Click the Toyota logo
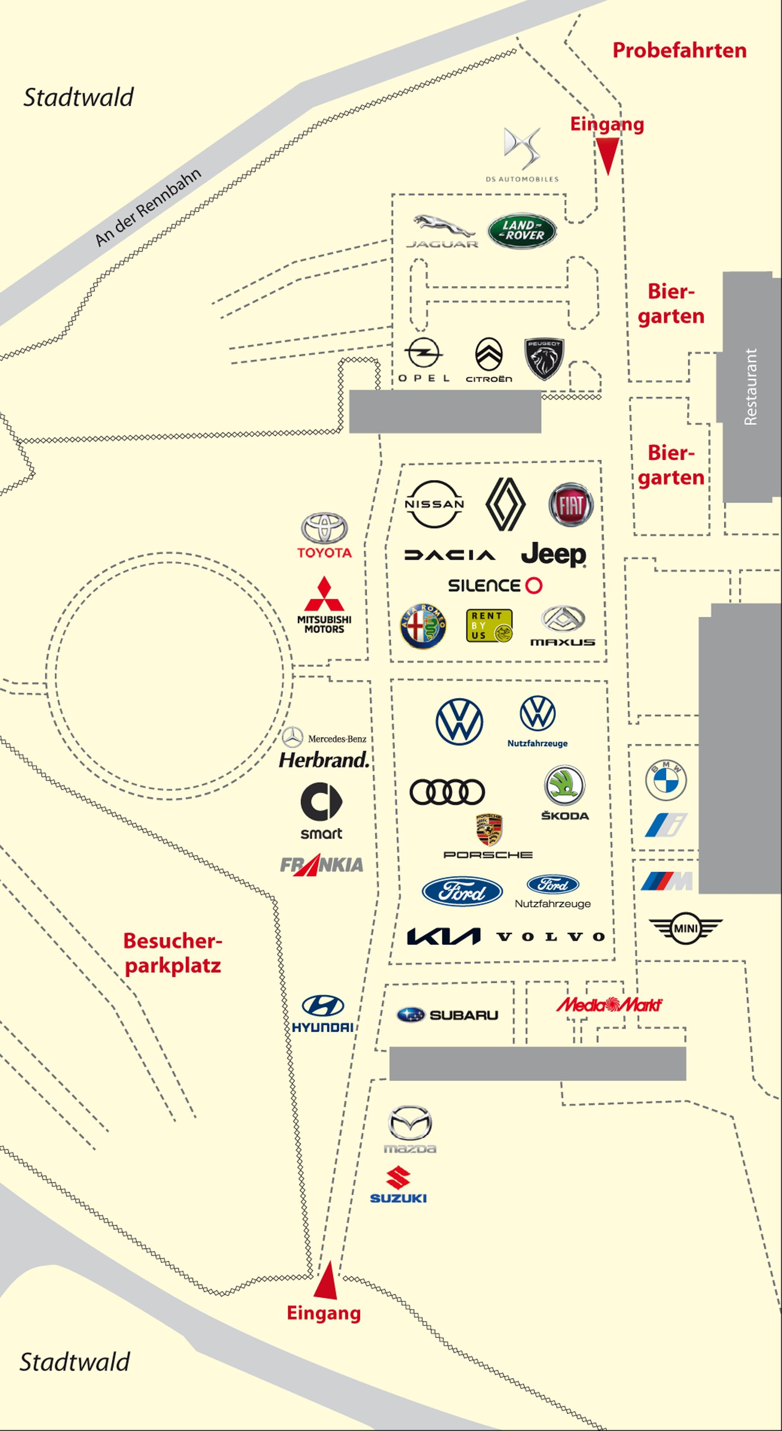(324, 528)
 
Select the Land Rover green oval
(522, 230)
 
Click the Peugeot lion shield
(544, 359)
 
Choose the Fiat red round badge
(571, 504)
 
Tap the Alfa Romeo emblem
(423, 626)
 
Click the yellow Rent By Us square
(489, 626)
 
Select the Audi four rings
(447, 792)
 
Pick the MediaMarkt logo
(609, 1004)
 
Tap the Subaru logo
(447, 1015)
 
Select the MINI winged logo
(685, 928)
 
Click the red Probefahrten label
(679, 51)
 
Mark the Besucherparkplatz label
(172, 953)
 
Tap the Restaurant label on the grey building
(750, 387)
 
